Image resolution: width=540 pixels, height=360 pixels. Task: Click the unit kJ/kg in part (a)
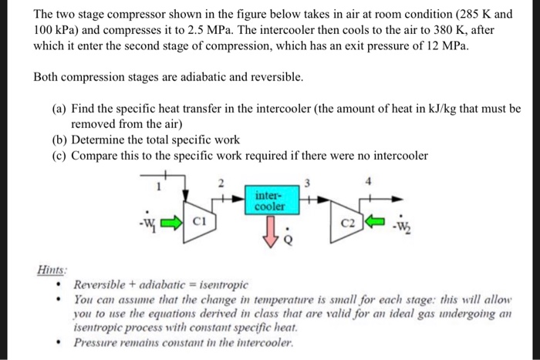click(x=408, y=109)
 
